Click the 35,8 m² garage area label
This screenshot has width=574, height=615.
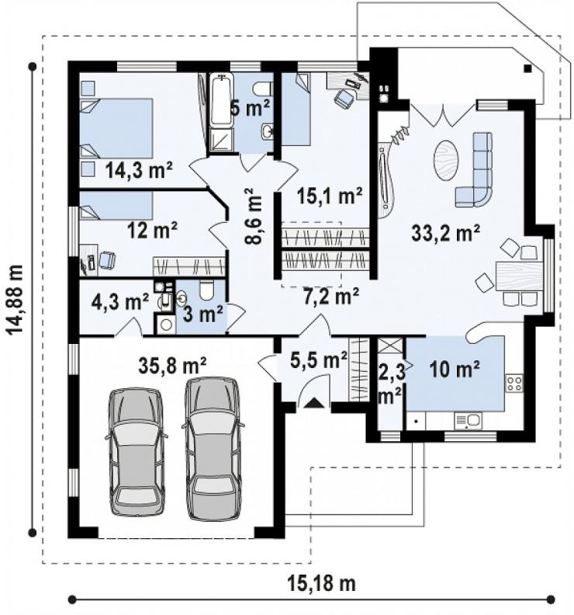tap(172, 366)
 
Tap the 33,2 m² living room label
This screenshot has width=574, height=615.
tap(446, 234)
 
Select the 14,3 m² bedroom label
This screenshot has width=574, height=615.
tap(139, 171)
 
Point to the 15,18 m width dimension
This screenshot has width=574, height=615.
tap(322, 583)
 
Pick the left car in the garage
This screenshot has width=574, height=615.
tap(136, 451)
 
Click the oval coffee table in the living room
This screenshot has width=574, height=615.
tap(446, 160)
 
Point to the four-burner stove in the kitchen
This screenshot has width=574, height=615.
tap(514, 383)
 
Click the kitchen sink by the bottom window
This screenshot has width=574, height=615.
tap(469, 421)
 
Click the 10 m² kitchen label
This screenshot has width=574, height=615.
tap(455, 369)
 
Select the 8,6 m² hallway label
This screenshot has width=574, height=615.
tap(254, 216)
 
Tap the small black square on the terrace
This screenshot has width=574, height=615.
tap(527, 68)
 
